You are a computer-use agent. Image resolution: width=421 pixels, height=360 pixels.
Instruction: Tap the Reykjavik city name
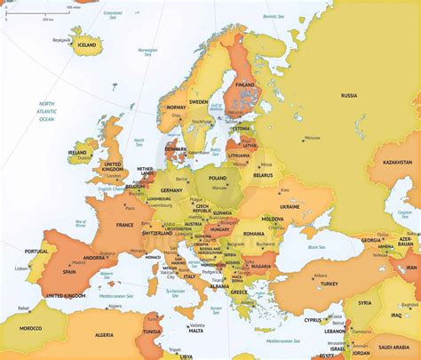point(61,40)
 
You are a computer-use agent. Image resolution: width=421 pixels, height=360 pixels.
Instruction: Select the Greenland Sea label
point(113,15)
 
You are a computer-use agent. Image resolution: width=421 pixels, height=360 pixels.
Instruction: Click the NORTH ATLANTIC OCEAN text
point(46,111)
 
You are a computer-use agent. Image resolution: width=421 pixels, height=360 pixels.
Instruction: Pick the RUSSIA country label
point(348,95)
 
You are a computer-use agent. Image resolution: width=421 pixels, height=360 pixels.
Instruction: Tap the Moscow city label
point(312,138)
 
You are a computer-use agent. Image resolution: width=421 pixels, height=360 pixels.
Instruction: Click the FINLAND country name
point(244,85)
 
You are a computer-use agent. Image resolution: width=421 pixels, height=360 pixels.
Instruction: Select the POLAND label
point(218,178)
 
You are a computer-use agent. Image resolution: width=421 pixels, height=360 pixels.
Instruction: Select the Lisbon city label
point(20,268)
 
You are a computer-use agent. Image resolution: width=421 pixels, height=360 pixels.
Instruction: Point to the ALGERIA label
point(104,334)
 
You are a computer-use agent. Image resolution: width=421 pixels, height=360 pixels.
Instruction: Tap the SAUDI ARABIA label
point(393,347)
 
